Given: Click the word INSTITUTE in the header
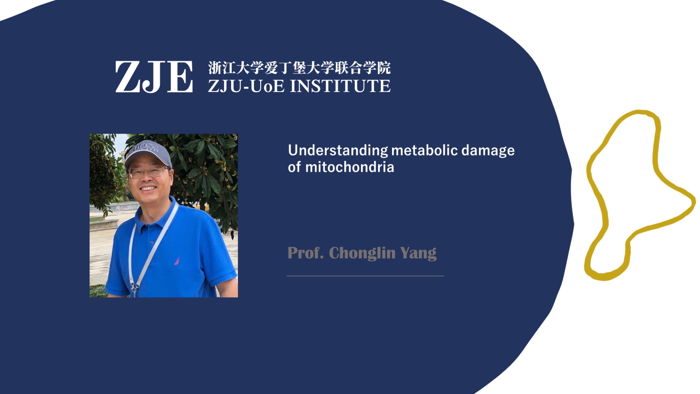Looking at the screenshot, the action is pos(340,86).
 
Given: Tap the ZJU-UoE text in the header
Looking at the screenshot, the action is pos(246,86).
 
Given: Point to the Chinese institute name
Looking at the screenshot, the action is pos(299,68).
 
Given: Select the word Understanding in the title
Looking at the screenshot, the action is pos(338,151).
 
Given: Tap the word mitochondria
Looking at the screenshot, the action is pos(350,167).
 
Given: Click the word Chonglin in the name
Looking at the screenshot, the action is pos(362,253).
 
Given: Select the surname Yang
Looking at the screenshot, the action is pos(418,253).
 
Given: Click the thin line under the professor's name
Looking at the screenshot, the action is pos(365,276).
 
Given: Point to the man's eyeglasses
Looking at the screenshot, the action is pos(148,172).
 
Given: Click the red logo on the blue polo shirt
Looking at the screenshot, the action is pos(177,261).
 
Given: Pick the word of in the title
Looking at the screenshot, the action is pos(294,167).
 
